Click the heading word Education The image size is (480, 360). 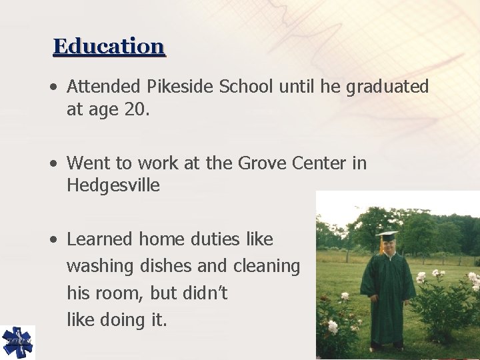[109, 47]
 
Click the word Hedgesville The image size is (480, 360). [113, 185]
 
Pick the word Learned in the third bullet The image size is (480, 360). [99, 239]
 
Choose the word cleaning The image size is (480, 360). [266, 266]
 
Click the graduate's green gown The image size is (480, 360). [387, 293]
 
